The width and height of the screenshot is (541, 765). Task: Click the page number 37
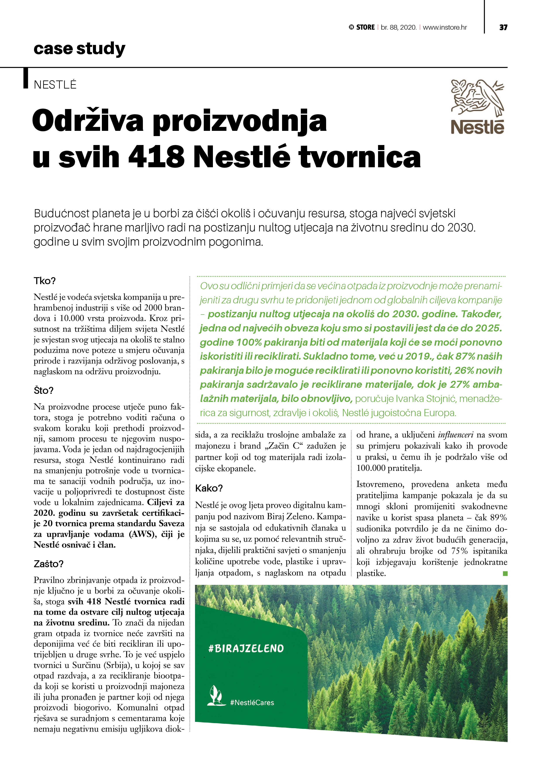point(503,27)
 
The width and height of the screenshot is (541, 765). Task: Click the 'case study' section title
point(79,49)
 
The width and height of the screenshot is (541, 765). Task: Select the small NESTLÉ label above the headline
point(55,85)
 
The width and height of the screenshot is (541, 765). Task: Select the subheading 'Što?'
point(43,391)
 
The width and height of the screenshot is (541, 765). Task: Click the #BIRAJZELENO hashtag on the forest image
point(246,648)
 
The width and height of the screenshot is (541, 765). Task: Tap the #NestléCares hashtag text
point(252,702)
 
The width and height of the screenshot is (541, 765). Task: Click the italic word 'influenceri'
point(456,435)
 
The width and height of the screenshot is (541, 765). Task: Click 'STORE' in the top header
point(365,27)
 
